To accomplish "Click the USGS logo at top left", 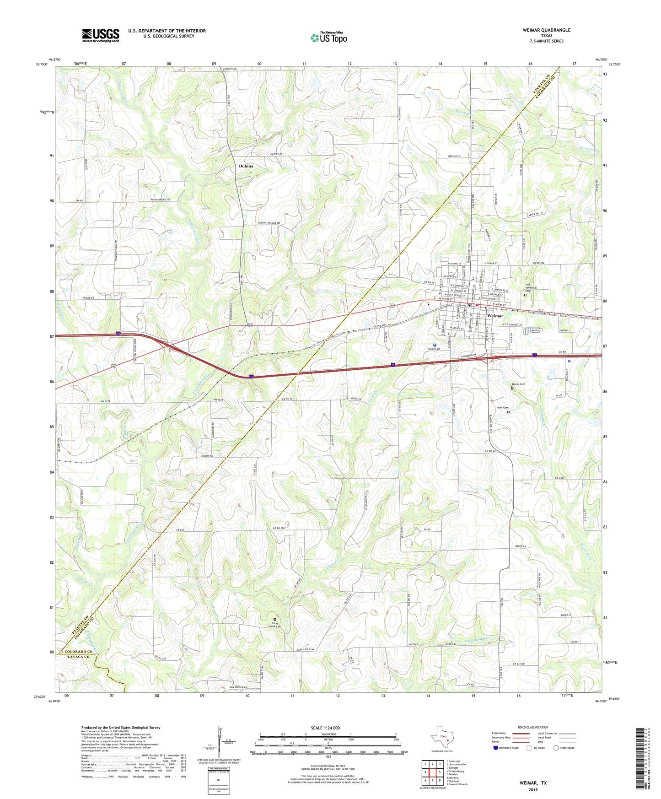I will (101, 35).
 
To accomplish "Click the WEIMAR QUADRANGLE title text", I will (546, 30).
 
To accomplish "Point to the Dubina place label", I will (246, 166).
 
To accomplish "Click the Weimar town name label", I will (495, 316).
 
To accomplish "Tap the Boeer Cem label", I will (518, 384).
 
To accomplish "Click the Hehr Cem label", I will (502, 408).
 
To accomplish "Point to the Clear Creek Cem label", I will (274, 625).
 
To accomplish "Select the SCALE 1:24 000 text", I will (325, 728).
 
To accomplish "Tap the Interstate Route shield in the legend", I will (495, 748).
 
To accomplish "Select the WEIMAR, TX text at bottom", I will (533, 783).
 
